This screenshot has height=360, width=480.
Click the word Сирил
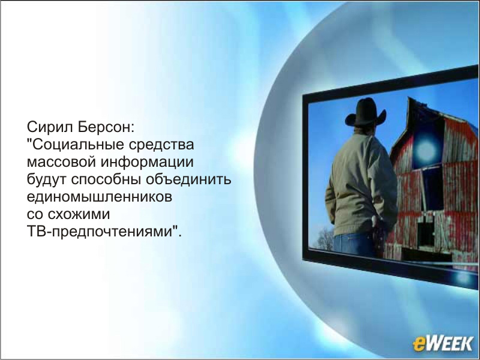[50, 127]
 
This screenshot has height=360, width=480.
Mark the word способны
[106, 179]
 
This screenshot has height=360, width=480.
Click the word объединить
[188, 179]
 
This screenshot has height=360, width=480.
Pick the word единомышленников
[100, 197]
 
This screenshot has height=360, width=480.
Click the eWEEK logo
[443, 343]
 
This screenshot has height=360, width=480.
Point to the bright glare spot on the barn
[426, 150]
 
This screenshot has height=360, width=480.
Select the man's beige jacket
[361, 184]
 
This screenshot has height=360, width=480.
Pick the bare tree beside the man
[323, 239]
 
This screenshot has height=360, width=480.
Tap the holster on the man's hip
[379, 233]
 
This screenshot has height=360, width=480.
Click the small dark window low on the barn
[425, 235]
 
